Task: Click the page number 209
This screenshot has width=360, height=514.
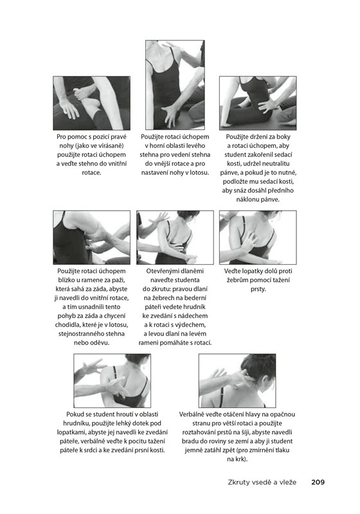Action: tap(318, 482)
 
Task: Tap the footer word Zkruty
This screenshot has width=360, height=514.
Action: tap(239, 483)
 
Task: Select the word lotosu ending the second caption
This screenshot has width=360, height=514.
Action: tap(199, 172)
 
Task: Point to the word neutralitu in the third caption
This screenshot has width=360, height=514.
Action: tap(276, 164)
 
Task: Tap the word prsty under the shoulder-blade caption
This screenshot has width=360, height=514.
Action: tap(258, 289)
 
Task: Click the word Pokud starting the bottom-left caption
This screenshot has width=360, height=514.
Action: tap(75, 414)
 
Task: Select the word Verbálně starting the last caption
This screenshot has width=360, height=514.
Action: tap(192, 414)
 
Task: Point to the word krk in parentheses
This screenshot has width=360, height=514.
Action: tap(240, 459)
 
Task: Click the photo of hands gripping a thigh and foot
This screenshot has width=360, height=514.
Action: tap(92, 103)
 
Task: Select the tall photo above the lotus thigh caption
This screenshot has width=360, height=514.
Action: tap(175, 85)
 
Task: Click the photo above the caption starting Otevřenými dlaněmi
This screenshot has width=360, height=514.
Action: tap(175, 237)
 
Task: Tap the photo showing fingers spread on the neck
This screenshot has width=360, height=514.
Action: tap(237, 380)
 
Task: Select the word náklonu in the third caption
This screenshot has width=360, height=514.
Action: tap(247, 199)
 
